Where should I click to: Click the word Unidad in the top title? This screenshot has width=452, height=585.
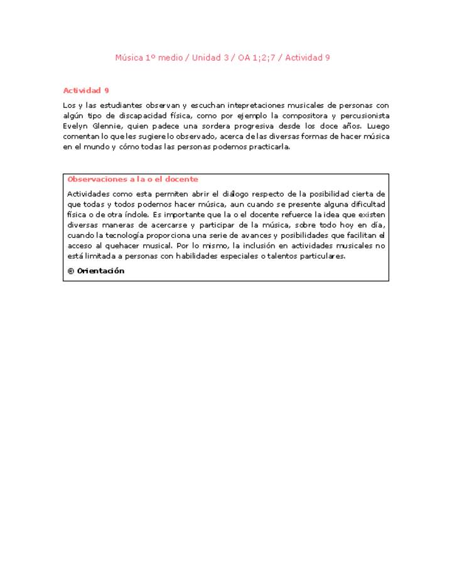(205, 58)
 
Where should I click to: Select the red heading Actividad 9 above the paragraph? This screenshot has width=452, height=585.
(86, 90)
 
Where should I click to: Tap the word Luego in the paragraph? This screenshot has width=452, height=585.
(377, 126)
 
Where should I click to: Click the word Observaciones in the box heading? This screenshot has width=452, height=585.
(96, 179)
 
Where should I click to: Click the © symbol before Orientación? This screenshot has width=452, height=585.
(71, 271)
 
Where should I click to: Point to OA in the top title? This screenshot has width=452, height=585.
(244, 58)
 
